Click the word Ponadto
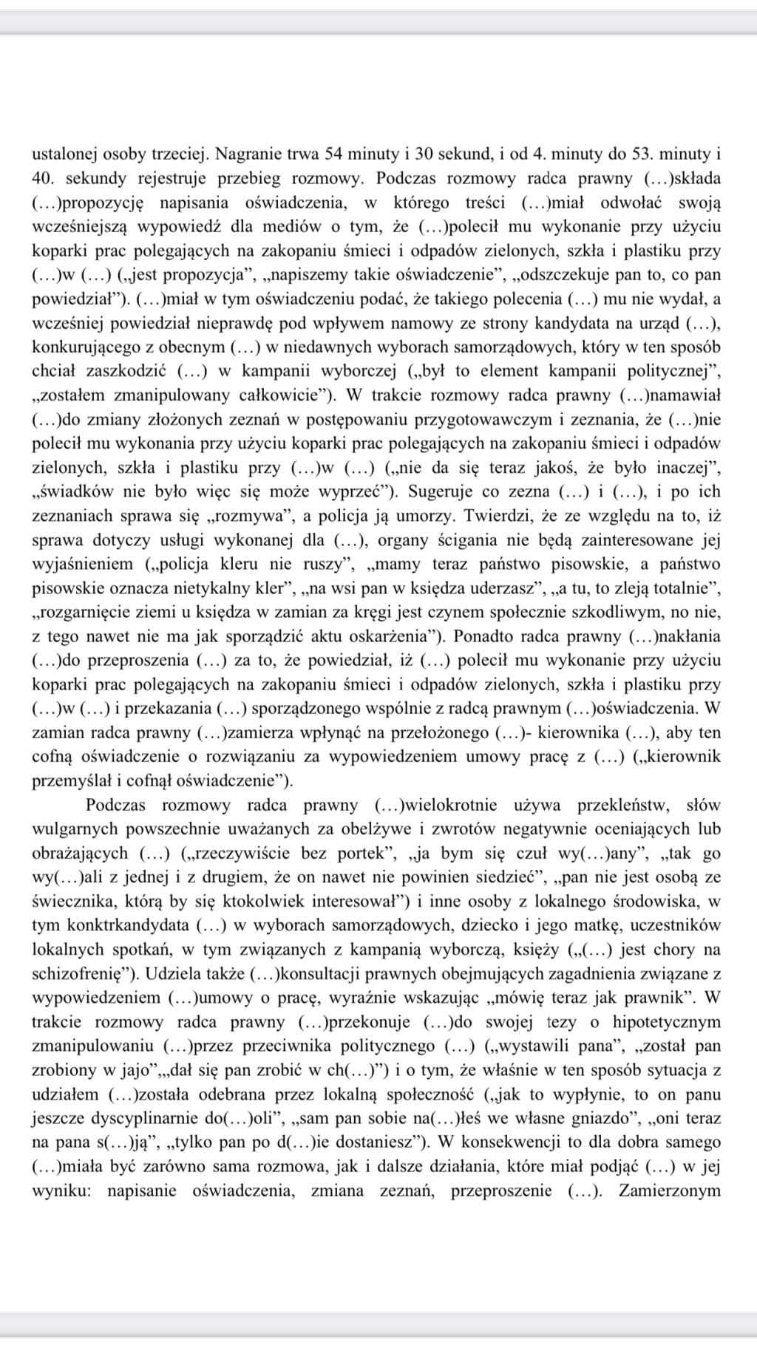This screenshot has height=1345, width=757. click(481, 636)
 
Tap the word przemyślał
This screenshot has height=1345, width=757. click(67, 780)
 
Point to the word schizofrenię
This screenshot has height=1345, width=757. click(73, 973)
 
